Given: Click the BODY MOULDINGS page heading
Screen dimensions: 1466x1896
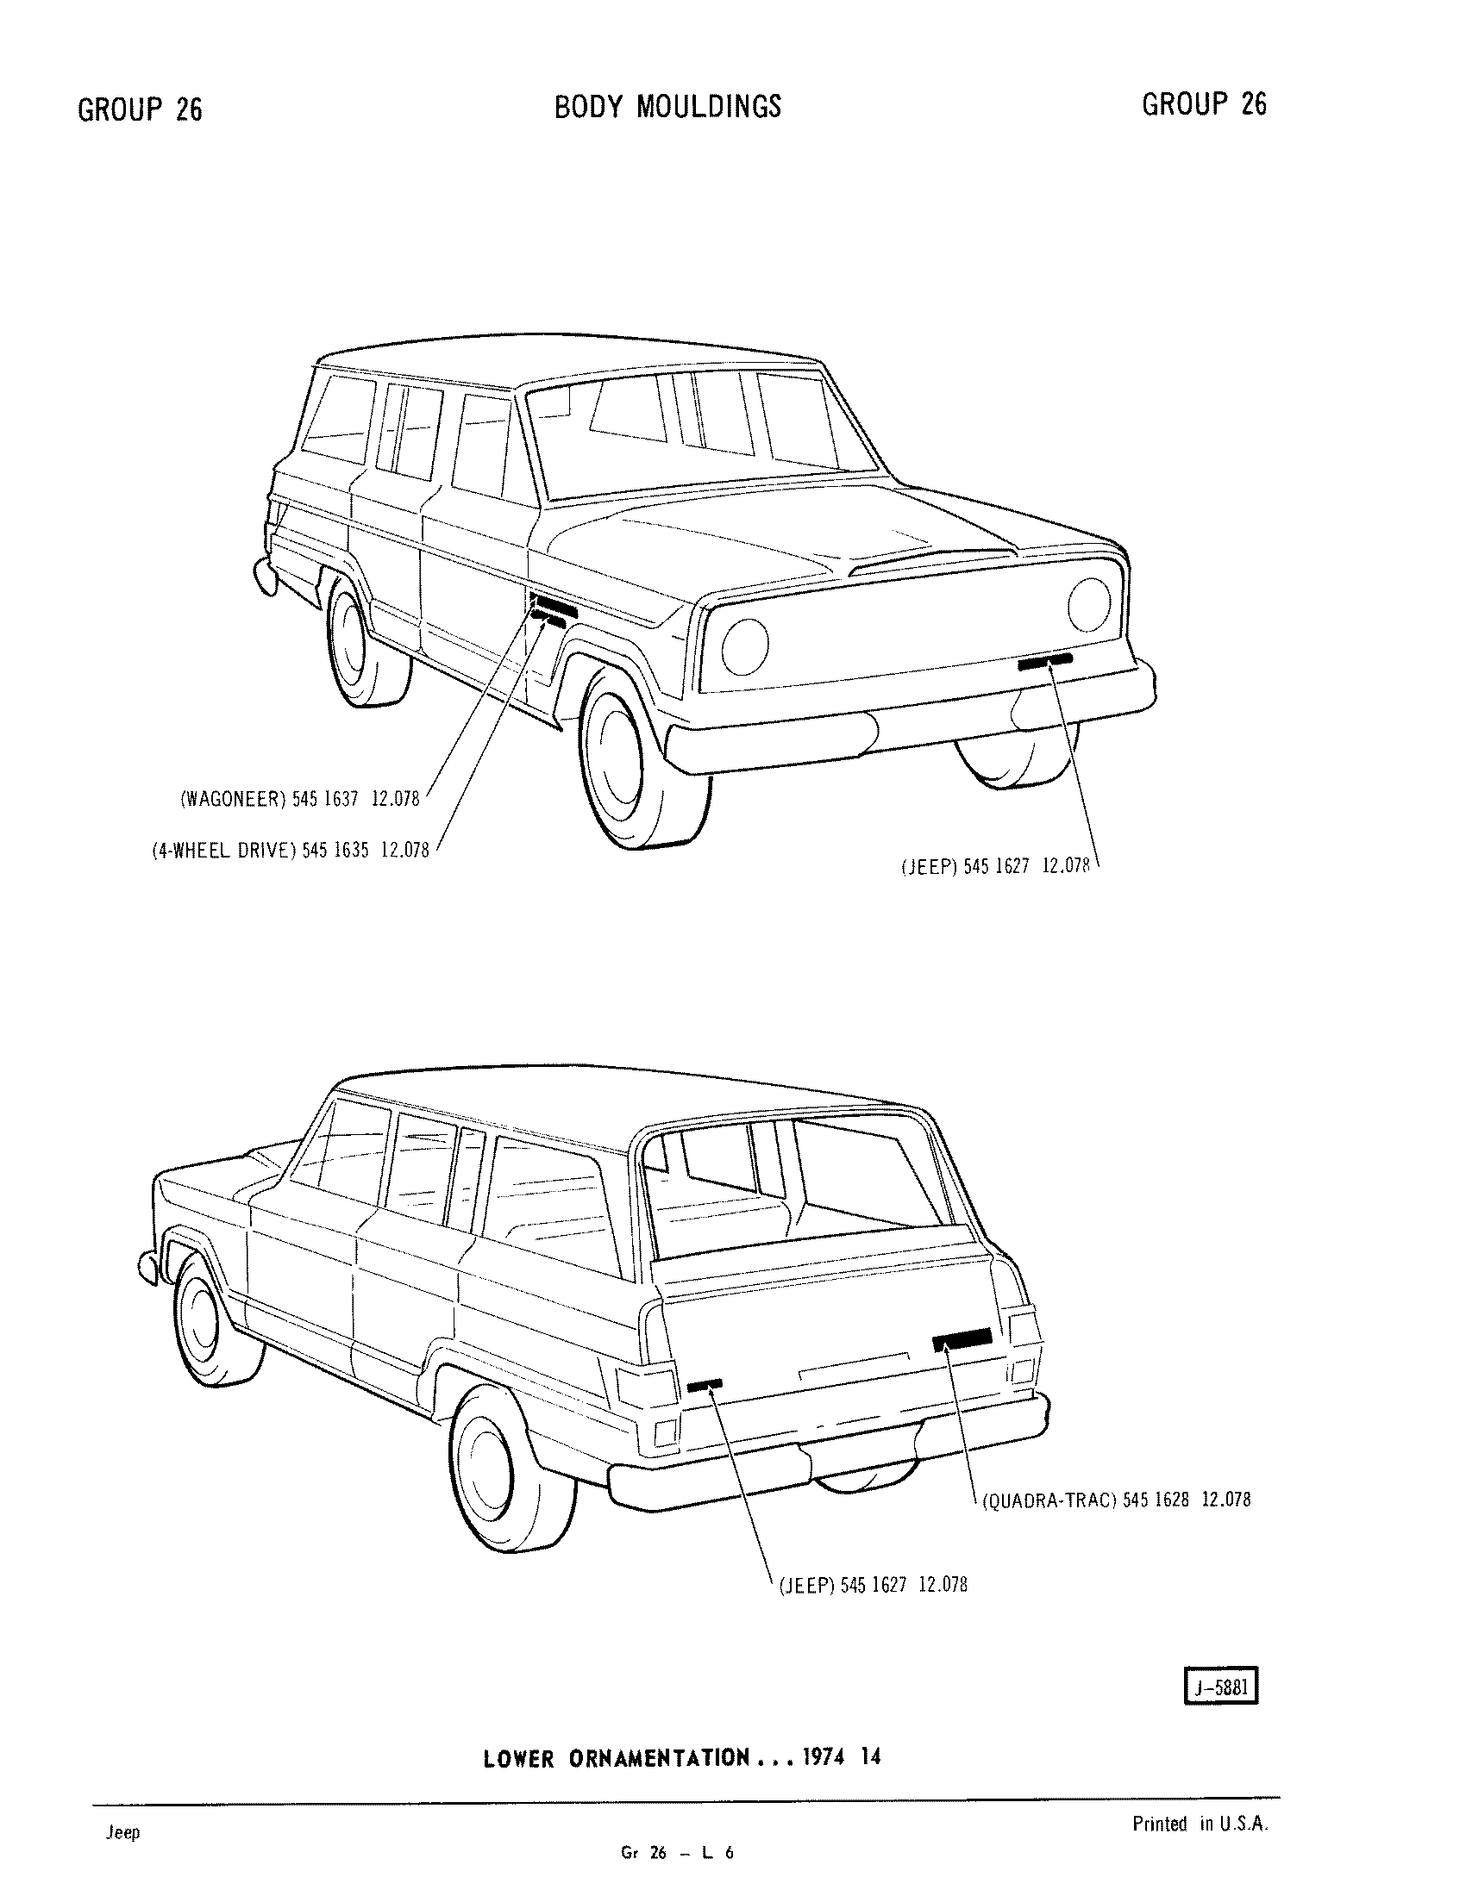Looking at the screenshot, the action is (667, 106).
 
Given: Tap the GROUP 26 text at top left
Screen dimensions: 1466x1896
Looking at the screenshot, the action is (140, 109).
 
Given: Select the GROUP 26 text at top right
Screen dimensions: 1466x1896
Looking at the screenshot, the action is (1204, 104).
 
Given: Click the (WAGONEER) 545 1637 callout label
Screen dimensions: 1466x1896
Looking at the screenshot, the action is (299, 799).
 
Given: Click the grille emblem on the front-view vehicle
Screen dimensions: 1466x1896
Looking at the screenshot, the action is (1045, 663).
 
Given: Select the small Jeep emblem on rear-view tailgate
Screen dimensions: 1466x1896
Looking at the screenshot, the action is (704, 1385).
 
